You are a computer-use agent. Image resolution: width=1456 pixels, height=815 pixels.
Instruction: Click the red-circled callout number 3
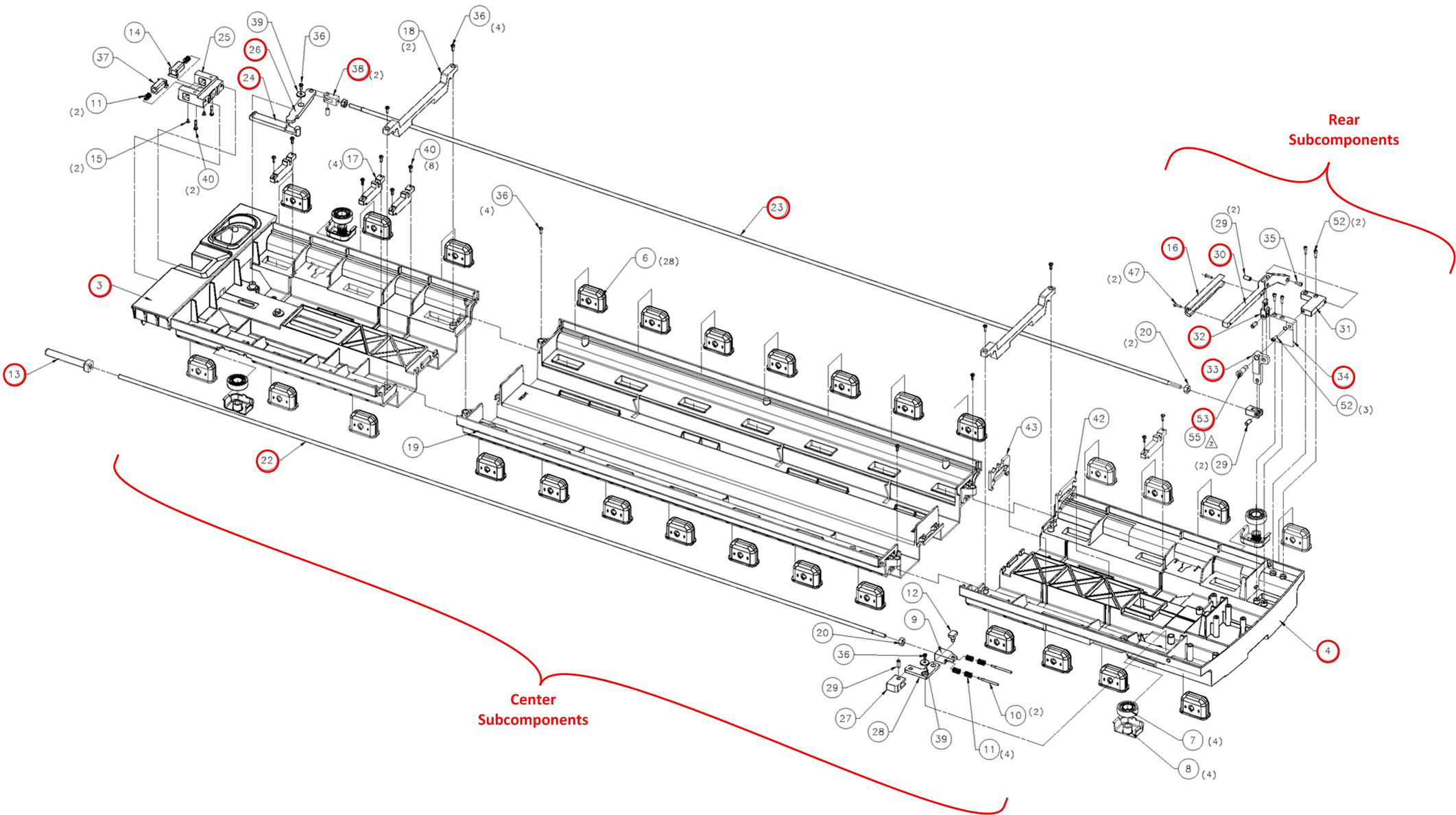point(100,285)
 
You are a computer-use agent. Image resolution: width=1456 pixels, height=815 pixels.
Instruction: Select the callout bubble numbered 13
point(14,375)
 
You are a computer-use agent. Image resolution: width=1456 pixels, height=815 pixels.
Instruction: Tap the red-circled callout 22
point(267,461)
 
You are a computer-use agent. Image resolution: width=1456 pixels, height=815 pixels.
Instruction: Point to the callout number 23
point(777,207)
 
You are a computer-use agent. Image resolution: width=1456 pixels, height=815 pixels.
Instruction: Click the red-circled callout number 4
point(1327,650)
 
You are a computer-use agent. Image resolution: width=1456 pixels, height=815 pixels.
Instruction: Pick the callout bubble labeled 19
point(412,448)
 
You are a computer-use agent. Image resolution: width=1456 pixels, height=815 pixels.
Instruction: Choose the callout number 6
point(645,259)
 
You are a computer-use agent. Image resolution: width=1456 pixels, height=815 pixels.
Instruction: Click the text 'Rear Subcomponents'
point(1343,130)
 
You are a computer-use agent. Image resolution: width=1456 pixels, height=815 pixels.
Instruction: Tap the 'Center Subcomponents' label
point(533,709)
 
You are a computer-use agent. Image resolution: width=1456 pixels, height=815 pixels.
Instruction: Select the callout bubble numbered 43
point(1031,427)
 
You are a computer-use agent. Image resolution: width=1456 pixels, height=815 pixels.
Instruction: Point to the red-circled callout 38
point(358,69)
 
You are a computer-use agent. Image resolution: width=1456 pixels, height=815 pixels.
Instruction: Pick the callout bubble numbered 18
point(409,31)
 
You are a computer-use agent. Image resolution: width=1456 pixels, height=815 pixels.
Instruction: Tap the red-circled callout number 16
point(1173,248)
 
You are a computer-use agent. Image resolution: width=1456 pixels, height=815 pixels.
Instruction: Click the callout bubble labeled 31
point(1345,329)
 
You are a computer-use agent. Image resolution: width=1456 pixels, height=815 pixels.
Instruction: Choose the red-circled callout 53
point(1203,419)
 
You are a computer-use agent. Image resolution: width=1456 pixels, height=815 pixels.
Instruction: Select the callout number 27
point(846,718)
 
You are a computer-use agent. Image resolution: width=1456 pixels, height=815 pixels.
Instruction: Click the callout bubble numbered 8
point(1189,769)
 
